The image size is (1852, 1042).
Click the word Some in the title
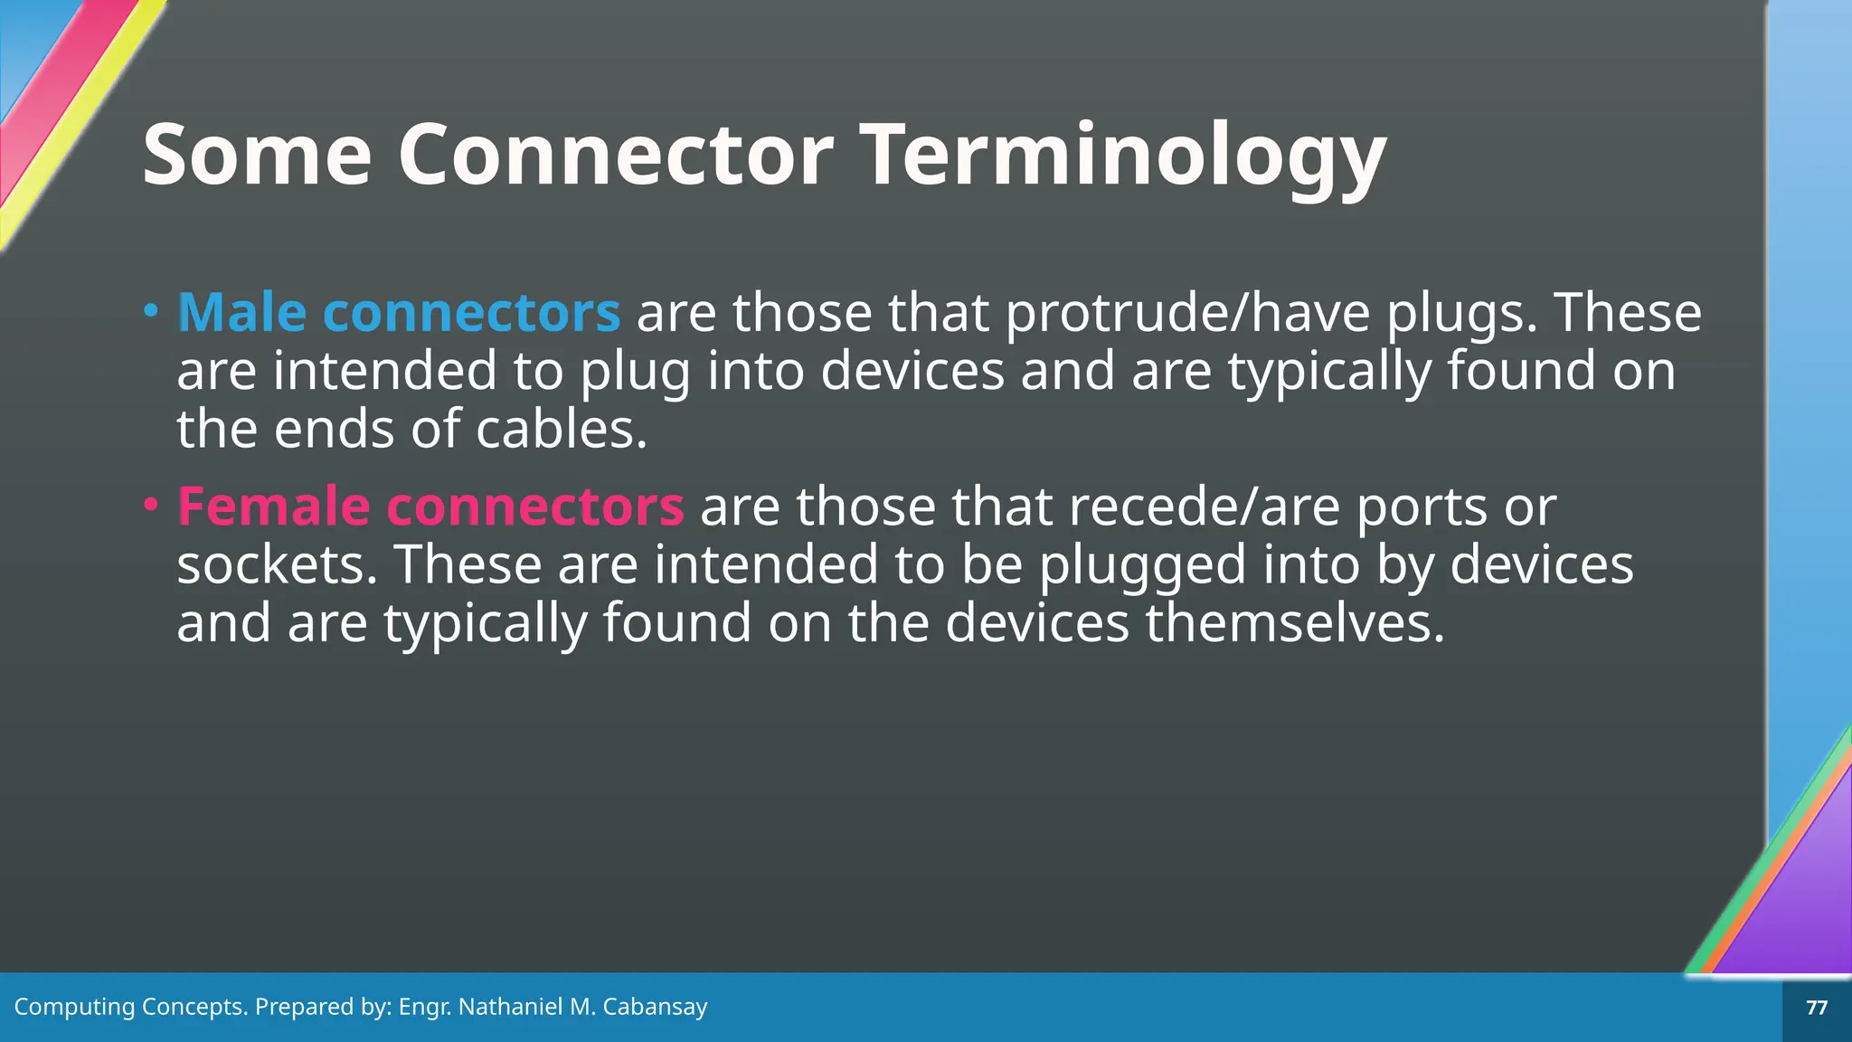[x=257, y=156]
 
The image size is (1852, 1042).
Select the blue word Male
[x=241, y=313]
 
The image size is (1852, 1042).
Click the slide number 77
[x=1816, y=1008]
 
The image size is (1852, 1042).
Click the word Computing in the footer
[x=74, y=1008]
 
